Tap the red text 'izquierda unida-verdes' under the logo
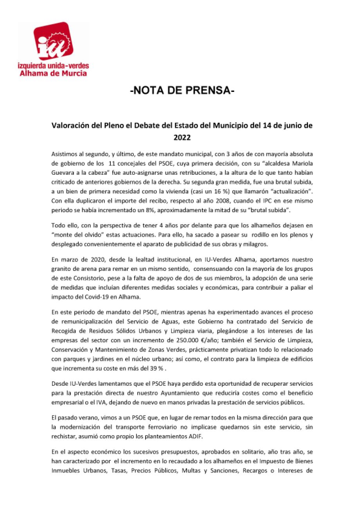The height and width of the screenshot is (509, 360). coord(53,65)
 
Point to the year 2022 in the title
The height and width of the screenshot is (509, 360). coord(182,137)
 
